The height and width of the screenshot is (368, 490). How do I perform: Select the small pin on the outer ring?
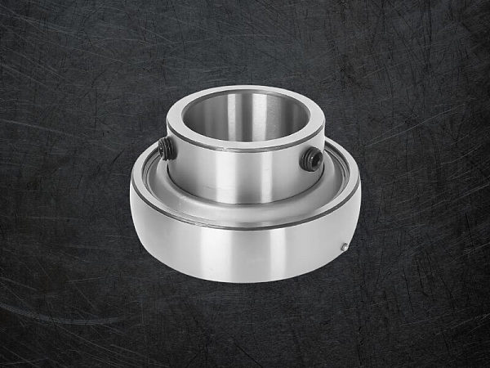pyautogui.click(x=345, y=247)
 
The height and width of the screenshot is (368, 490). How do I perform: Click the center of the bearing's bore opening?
pyautogui.click(x=245, y=114)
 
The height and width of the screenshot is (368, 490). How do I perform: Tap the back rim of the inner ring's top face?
pyautogui.click(x=245, y=88)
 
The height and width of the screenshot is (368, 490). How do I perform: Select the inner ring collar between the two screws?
pyautogui.click(x=245, y=176)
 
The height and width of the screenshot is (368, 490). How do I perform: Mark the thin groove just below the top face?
pyautogui.click(x=245, y=151)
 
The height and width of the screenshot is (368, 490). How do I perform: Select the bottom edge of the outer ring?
pyautogui.click(x=245, y=281)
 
